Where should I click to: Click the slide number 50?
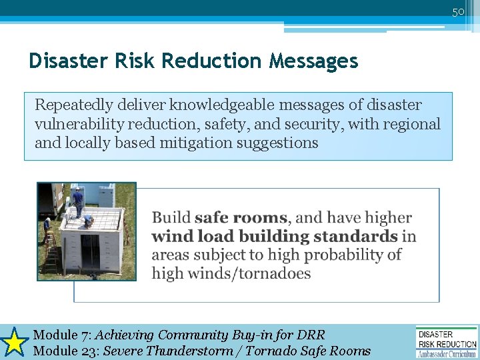pyautogui.click(x=458, y=11)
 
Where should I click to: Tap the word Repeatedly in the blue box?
pyautogui.click(x=73, y=105)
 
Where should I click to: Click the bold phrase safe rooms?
pyautogui.click(x=241, y=218)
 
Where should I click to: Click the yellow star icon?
pyautogui.click(x=13, y=342)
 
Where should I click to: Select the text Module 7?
pyautogui.click(x=62, y=335)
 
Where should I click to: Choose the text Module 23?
pyautogui.click(x=65, y=351)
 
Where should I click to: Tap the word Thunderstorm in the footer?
pyautogui.click(x=193, y=351)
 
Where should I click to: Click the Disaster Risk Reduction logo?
pyautogui.click(x=446, y=341)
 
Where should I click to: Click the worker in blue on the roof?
pyautogui.click(x=78, y=201)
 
